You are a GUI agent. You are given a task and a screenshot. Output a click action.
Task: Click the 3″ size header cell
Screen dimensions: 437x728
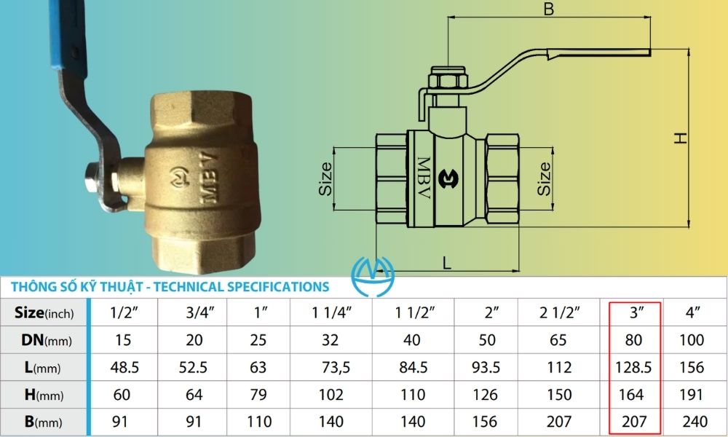[630, 313]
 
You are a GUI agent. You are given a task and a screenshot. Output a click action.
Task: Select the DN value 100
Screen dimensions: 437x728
[692, 340]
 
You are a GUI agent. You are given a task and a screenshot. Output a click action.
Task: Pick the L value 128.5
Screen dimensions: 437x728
[630, 367]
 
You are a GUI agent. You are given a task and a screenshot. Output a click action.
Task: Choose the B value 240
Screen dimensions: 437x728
[692, 421]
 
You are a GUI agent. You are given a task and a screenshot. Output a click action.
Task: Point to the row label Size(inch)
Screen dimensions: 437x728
[44, 313]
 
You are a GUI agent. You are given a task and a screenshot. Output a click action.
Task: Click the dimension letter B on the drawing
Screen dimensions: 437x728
[549, 9]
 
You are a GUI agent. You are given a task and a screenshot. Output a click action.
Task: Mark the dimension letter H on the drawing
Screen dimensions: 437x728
[681, 138]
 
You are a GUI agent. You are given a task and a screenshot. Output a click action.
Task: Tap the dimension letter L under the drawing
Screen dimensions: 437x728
[446, 263]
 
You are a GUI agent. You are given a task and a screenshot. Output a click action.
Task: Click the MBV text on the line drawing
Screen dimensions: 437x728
[422, 177]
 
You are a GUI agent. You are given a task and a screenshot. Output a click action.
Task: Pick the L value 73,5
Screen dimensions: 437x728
[331, 367]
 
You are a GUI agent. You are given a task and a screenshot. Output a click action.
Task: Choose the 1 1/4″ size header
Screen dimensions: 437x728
[331, 313]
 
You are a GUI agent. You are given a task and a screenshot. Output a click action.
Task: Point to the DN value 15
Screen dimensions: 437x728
[124, 340]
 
